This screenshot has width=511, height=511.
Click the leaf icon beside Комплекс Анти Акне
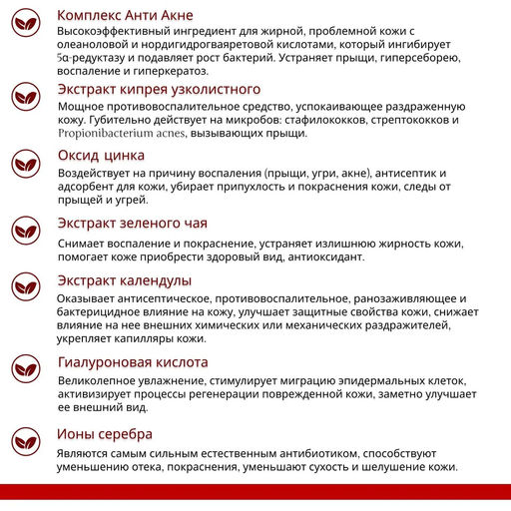click(x=27, y=25)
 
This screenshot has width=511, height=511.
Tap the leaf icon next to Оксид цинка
click(x=27, y=165)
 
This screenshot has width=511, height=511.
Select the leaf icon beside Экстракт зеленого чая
click(x=27, y=232)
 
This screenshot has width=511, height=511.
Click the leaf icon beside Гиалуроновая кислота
click(x=27, y=372)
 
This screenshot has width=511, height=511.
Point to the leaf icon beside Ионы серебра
click(x=27, y=442)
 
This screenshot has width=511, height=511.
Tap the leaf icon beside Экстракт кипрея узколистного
click(x=27, y=98)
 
